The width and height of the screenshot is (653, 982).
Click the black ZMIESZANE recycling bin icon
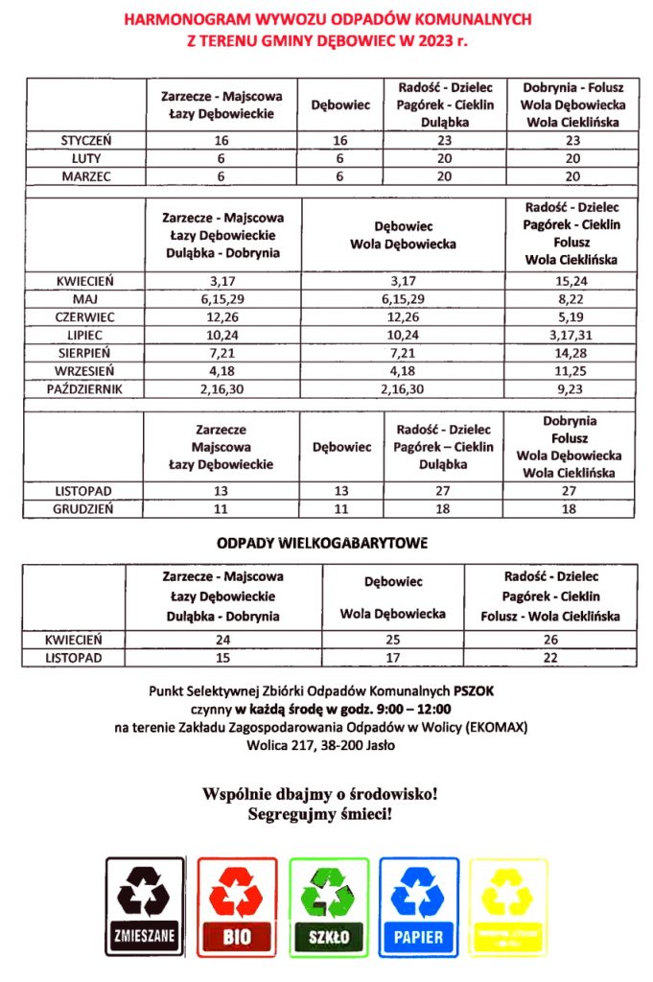point(145,906)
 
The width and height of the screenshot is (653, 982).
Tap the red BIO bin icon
point(237,906)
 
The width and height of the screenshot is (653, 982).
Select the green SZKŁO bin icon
point(329,906)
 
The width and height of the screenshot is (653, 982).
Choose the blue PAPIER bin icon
point(418,906)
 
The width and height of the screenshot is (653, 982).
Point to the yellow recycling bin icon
point(509,906)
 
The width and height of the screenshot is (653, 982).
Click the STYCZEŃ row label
point(85,140)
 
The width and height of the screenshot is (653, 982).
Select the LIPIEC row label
point(85,335)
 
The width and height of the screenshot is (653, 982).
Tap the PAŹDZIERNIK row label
point(85,389)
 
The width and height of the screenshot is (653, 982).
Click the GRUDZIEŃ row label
point(85,509)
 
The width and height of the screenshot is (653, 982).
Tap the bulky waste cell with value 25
point(392,639)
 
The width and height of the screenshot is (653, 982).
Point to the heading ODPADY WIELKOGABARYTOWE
point(321,543)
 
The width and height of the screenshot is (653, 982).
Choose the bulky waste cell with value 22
point(549,658)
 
